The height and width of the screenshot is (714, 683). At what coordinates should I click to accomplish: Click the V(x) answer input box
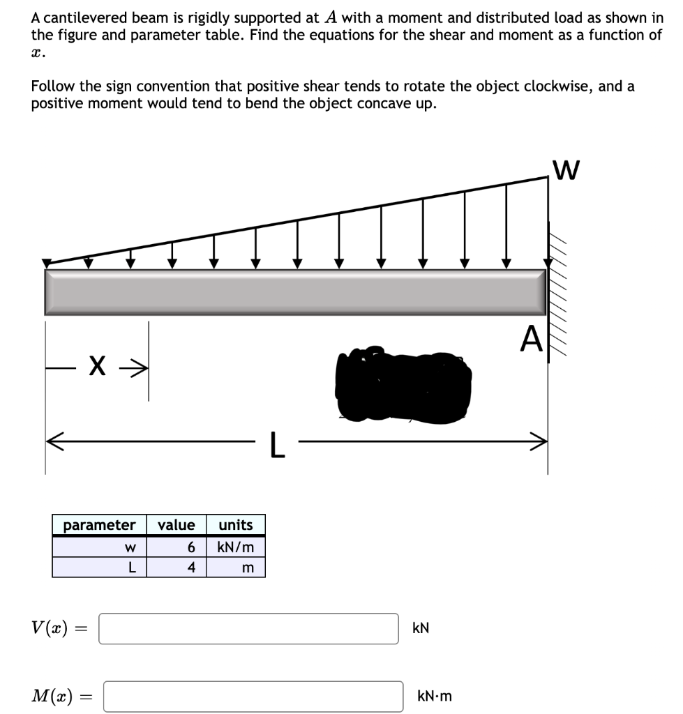[248, 628]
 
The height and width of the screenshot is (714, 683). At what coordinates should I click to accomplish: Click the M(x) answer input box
[253, 696]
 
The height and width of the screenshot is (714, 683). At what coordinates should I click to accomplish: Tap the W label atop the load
[565, 169]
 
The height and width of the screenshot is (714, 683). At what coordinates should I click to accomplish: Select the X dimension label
[98, 364]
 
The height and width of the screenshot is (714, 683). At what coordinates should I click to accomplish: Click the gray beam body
[295, 291]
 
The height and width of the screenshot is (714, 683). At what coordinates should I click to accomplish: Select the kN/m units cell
[236, 547]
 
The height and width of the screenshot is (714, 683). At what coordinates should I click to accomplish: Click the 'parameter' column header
[99, 525]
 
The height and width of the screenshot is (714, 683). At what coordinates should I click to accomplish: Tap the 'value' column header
[177, 525]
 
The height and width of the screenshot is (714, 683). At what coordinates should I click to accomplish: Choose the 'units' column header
[236, 525]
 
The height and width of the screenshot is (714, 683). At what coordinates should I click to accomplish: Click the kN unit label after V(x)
[421, 628]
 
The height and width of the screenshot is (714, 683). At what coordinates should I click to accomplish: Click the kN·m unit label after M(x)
[435, 696]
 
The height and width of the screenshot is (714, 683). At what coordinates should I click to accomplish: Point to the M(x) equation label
[53, 695]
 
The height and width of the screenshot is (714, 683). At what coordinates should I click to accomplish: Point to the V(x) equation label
[50, 628]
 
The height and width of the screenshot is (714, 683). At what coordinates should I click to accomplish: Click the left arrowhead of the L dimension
[52, 439]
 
